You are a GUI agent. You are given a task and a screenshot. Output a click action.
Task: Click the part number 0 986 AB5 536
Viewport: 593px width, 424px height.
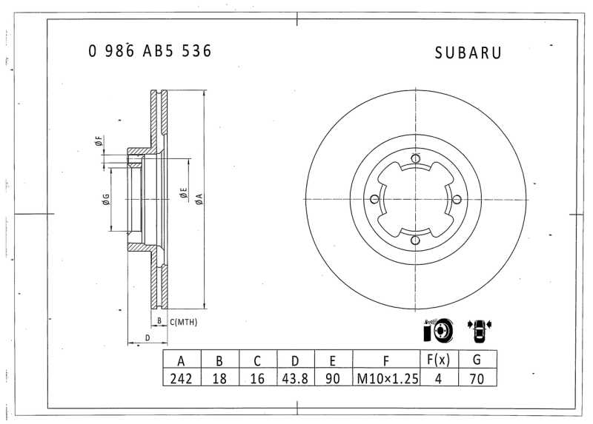tap(150, 51)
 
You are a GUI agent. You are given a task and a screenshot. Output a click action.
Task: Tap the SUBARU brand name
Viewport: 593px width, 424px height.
tap(468, 53)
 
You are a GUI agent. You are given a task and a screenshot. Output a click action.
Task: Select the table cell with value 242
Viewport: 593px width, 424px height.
tap(182, 378)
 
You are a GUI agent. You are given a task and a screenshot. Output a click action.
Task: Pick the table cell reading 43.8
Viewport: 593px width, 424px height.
tap(295, 378)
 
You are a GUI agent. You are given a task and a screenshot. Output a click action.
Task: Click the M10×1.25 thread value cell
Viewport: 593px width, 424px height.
tap(387, 378)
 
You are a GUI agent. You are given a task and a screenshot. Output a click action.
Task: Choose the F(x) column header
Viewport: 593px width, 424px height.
tap(439, 359)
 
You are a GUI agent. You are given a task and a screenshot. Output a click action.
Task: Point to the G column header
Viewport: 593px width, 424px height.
tap(477, 359)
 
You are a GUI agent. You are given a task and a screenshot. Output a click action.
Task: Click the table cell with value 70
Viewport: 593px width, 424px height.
tap(477, 378)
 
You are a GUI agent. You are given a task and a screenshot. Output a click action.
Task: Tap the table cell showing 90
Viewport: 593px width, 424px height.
tap(333, 378)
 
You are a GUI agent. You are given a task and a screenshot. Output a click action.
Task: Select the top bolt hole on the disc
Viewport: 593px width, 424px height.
tap(416, 158)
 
